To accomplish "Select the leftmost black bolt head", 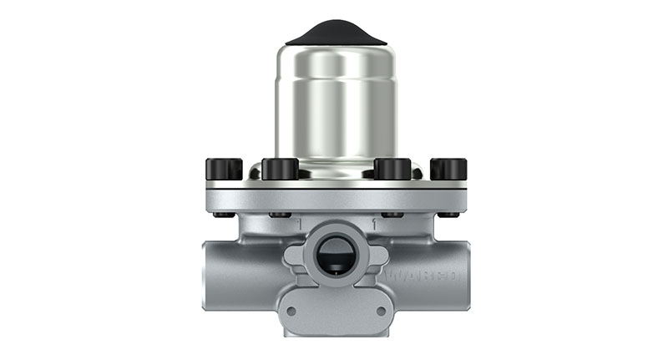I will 224,169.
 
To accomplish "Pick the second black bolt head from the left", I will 280,169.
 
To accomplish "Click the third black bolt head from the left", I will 392,169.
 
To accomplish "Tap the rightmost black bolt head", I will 448,169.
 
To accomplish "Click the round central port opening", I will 336,251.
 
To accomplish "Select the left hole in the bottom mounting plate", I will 291,311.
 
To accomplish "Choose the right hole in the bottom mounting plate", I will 381,311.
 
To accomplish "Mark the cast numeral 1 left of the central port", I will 296,225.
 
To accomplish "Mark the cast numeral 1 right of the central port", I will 374,225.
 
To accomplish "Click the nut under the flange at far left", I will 223,215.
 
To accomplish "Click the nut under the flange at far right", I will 448,215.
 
